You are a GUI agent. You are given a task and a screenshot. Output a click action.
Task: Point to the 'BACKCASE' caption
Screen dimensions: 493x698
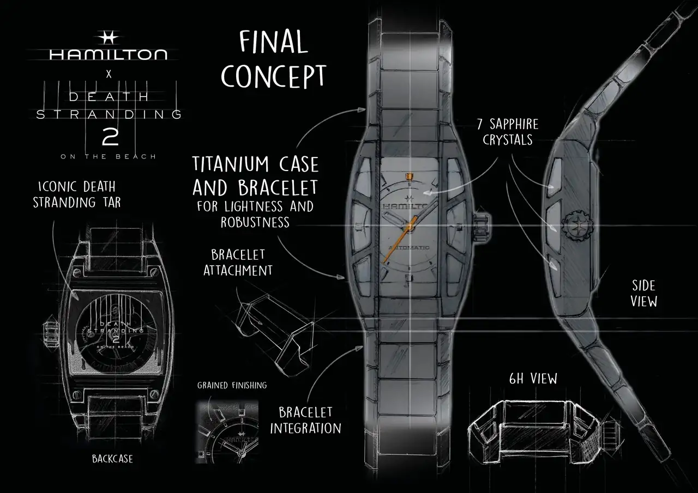[112, 459]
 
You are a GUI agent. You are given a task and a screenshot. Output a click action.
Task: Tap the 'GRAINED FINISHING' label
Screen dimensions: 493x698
[232, 386]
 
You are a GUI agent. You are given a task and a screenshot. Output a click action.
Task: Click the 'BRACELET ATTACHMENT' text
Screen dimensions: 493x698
[238, 262]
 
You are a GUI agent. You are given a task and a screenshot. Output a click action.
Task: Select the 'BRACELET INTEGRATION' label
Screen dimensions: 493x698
[305, 420]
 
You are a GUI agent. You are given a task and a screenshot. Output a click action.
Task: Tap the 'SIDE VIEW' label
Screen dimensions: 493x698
[644, 293]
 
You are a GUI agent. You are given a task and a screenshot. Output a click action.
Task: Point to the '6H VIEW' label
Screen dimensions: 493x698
[533, 379]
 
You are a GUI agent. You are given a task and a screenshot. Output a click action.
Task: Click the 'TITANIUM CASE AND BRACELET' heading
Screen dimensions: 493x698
[255, 175]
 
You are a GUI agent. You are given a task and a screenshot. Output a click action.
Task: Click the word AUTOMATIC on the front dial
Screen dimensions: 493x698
[408, 248]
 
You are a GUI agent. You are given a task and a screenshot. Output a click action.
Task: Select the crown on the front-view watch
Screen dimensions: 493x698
[483, 224]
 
